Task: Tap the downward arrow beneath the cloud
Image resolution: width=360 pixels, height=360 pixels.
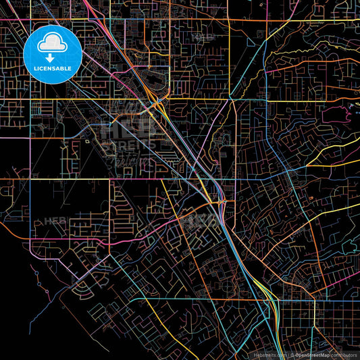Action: pos(52,59)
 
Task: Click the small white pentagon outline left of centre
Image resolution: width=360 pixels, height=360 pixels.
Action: pos(88,141)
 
